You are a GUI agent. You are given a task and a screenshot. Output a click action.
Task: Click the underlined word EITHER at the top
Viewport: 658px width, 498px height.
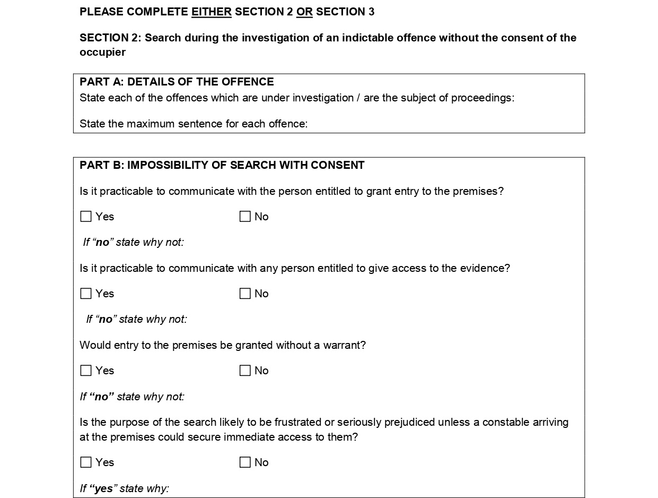(x=211, y=12)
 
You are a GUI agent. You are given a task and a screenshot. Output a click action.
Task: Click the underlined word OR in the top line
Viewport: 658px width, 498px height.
(x=304, y=12)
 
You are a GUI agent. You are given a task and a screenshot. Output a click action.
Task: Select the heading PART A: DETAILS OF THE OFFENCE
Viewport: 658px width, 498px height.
(x=177, y=82)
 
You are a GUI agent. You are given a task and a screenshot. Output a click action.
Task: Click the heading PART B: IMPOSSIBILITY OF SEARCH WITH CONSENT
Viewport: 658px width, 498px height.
(x=222, y=165)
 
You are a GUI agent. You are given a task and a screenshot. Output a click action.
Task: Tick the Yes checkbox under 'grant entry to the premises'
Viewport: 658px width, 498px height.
(x=86, y=217)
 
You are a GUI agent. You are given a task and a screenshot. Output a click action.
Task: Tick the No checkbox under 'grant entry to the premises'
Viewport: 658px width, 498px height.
(x=245, y=217)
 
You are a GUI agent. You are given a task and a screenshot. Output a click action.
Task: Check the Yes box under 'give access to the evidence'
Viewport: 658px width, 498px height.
(x=86, y=294)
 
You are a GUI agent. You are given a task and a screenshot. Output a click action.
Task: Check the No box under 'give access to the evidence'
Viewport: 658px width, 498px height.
(x=245, y=294)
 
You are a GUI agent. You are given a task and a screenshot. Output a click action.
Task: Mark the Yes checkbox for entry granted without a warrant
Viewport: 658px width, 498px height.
(x=86, y=371)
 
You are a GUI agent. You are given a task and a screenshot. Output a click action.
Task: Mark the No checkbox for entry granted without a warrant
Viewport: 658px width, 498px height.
(x=245, y=371)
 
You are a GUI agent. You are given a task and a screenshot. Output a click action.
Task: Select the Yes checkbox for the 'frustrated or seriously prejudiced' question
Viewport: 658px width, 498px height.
(x=86, y=462)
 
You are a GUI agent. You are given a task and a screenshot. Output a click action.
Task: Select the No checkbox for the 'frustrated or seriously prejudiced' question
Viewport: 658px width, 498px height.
(x=245, y=462)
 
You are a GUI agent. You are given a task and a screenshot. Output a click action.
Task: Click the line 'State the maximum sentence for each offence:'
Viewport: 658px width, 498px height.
(x=194, y=124)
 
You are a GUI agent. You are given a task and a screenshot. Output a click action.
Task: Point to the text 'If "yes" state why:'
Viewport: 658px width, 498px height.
(x=124, y=488)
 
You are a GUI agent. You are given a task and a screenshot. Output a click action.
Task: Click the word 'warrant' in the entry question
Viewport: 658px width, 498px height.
(x=346, y=345)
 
